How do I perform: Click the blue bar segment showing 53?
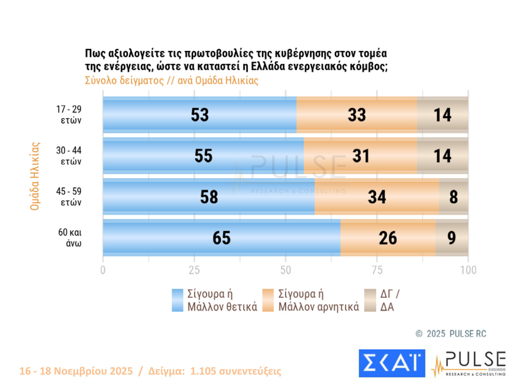pyautogui.click(x=200, y=115)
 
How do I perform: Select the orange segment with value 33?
pyautogui.click(x=357, y=115)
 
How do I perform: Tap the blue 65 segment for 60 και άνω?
pyautogui.click(x=221, y=238)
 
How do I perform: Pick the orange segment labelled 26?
pyautogui.click(x=388, y=238)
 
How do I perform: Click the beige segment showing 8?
pyautogui.click(x=454, y=197)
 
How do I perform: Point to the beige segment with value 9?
pyautogui.click(x=452, y=238)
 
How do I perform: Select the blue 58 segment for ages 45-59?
pyautogui.click(x=209, y=197)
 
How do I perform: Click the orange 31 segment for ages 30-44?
pyautogui.click(x=360, y=156)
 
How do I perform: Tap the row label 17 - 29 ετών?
pyautogui.click(x=69, y=114)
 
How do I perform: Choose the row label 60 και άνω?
pyautogui.click(x=70, y=238)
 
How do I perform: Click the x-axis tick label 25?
pyautogui.click(x=194, y=270)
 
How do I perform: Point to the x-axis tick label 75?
pyautogui.click(x=377, y=270)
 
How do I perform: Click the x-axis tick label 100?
pyautogui.click(x=468, y=270)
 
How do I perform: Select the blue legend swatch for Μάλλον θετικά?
pyautogui.click(x=178, y=300)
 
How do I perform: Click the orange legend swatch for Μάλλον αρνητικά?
pyautogui.click(x=268, y=300)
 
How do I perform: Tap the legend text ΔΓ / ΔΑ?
pyautogui.click(x=389, y=300)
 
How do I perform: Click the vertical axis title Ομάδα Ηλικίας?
pyautogui.click(x=35, y=176)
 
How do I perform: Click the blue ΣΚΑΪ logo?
pyautogui.click(x=392, y=363)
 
